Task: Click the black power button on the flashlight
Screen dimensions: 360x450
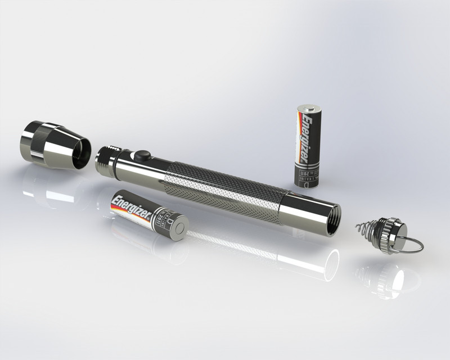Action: click(139, 155)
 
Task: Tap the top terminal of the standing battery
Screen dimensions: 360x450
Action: click(309, 106)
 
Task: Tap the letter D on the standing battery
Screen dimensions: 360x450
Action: click(308, 181)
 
